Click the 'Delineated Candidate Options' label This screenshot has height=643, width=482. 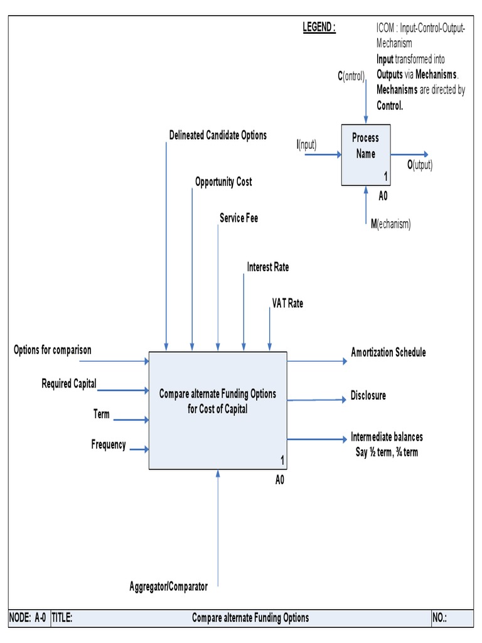click(x=218, y=136)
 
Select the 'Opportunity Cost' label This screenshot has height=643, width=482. click(x=223, y=182)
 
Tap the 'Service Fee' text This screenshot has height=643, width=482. click(x=238, y=219)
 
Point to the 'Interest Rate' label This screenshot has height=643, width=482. click(x=268, y=267)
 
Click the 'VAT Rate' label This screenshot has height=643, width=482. click(x=287, y=303)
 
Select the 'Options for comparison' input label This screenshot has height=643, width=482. click(x=53, y=350)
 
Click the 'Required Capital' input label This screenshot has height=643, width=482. click(x=69, y=384)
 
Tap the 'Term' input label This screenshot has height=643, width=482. click(x=101, y=414)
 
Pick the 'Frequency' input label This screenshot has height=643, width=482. click(x=109, y=445)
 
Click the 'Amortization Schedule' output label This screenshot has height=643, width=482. click(x=388, y=353)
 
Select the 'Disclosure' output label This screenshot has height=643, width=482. click(x=368, y=396)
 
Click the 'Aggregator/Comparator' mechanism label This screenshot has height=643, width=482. click(x=168, y=587)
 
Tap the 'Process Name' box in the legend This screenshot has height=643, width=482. click(x=365, y=154)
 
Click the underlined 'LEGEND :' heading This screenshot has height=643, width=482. click(x=319, y=28)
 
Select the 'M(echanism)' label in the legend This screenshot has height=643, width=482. click(x=390, y=224)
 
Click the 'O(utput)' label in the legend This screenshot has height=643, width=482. click(x=420, y=165)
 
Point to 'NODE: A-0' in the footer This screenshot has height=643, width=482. click(x=28, y=618)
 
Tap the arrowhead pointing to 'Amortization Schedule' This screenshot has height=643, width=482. click(x=343, y=361)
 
